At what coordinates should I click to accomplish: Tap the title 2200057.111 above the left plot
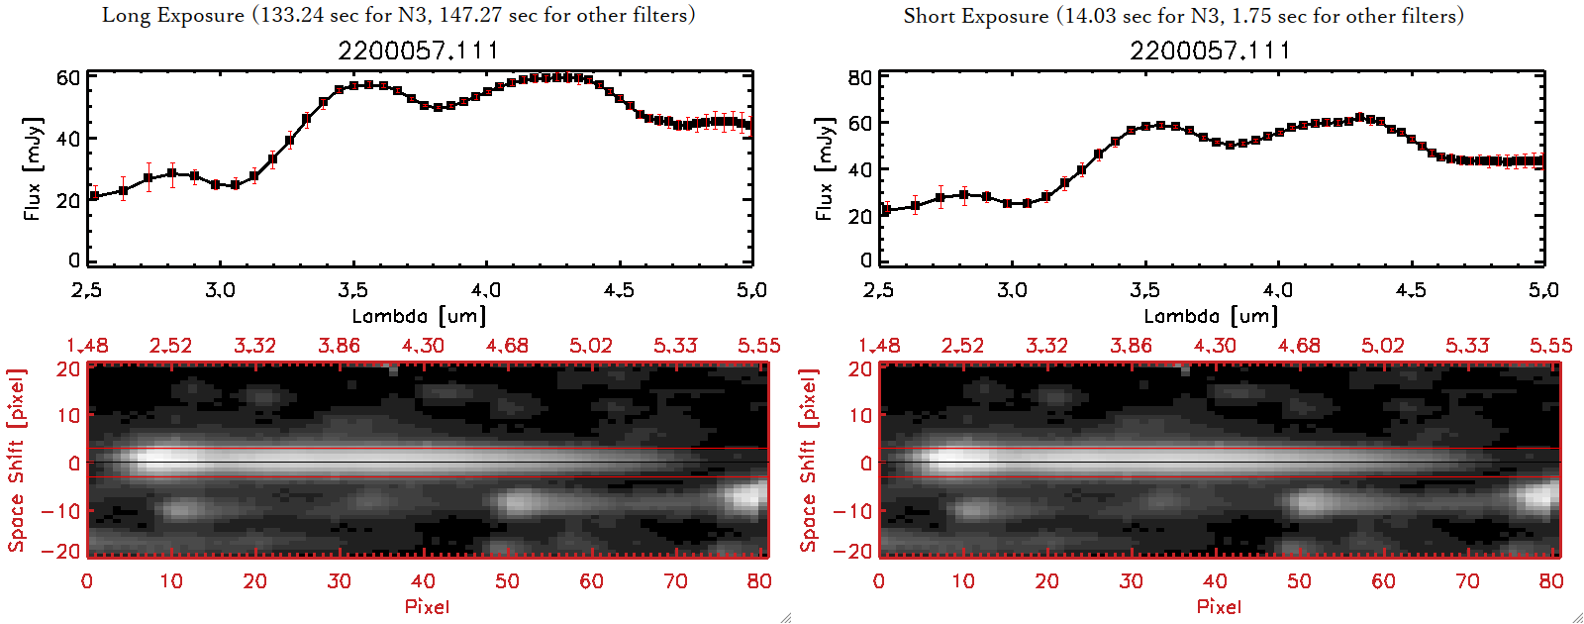coord(419,51)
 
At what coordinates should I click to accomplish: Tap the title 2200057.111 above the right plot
coord(1211,51)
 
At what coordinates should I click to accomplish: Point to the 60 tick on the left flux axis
coord(68,78)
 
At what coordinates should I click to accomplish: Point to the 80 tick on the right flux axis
coord(860,78)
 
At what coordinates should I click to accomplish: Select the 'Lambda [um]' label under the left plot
coord(419,316)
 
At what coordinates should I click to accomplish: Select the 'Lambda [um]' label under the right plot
coord(1211,316)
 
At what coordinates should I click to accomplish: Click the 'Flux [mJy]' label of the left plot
coord(33,169)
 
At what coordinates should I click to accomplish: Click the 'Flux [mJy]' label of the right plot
coord(825,169)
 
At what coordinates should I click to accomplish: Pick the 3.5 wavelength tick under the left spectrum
coord(352,290)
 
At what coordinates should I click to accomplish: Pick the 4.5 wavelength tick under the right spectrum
coord(1411,290)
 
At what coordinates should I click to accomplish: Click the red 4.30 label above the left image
coord(423,346)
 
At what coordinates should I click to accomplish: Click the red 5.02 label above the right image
coord(1382,346)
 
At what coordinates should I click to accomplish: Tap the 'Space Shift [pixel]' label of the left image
coord(16,461)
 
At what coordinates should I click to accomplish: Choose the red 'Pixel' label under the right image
coord(1219,606)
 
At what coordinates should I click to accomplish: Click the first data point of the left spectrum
coord(94,195)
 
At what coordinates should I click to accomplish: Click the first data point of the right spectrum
coord(886,210)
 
